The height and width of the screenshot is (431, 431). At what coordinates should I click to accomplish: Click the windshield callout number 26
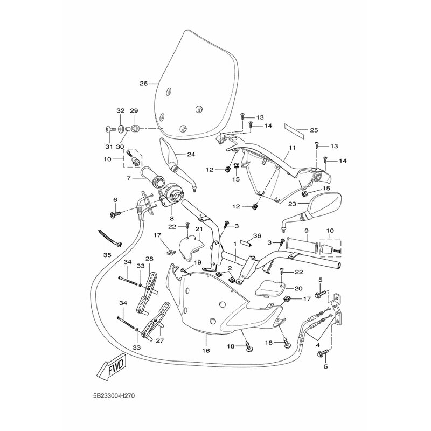point(143,84)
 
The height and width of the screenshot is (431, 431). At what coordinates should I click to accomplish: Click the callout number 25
point(314,130)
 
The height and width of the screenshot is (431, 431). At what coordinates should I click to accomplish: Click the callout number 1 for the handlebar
point(235,244)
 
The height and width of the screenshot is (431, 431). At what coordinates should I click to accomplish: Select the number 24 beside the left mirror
point(190,155)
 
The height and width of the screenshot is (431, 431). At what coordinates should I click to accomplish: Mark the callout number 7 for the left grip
point(129,178)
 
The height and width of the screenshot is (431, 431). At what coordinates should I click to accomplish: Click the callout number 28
point(149,259)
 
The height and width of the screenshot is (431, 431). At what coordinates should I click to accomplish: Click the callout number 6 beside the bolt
point(115,200)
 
